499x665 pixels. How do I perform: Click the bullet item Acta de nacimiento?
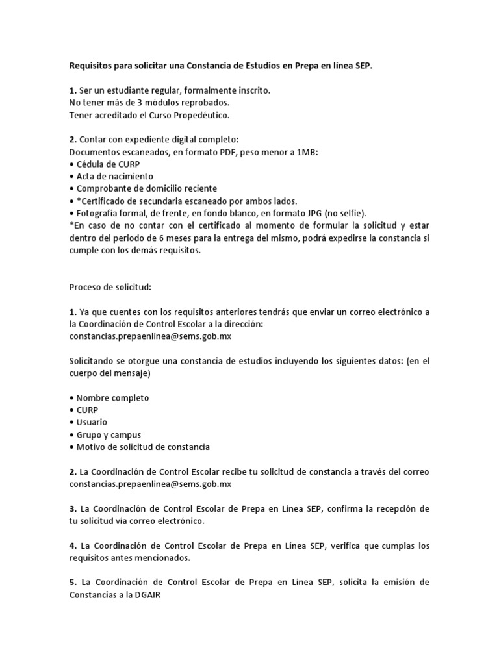tap(114, 176)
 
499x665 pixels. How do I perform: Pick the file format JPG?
tap(306, 213)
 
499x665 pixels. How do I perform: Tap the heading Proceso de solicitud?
tap(110, 287)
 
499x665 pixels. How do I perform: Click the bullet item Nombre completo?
tap(112, 397)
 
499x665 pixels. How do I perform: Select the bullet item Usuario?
tap(92, 422)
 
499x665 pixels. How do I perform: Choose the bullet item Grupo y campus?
tap(109, 434)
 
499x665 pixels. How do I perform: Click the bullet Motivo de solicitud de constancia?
tap(143, 447)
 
